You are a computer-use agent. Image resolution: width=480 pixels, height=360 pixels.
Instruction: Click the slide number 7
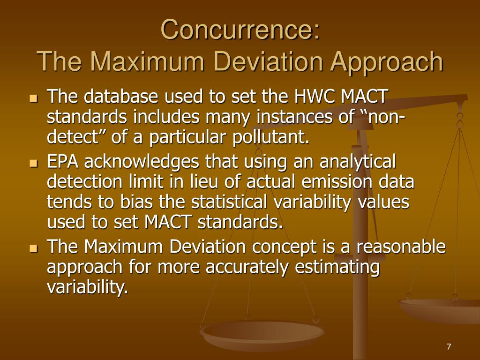click(x=449, y=346)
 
